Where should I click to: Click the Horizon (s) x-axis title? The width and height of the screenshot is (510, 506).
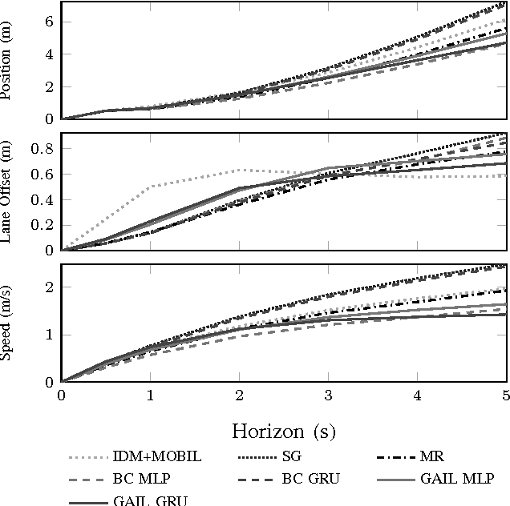283,431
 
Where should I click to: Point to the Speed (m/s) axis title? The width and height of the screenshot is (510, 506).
9,323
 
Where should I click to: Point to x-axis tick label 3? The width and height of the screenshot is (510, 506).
329,395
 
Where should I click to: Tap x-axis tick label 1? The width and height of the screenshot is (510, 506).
150,395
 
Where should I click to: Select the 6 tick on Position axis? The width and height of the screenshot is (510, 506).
50,22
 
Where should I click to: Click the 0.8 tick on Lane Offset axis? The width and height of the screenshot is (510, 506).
45,148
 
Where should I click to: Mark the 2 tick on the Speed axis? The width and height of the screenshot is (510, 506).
50,287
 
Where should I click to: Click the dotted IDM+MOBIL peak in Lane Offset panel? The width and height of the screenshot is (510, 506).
240,170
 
